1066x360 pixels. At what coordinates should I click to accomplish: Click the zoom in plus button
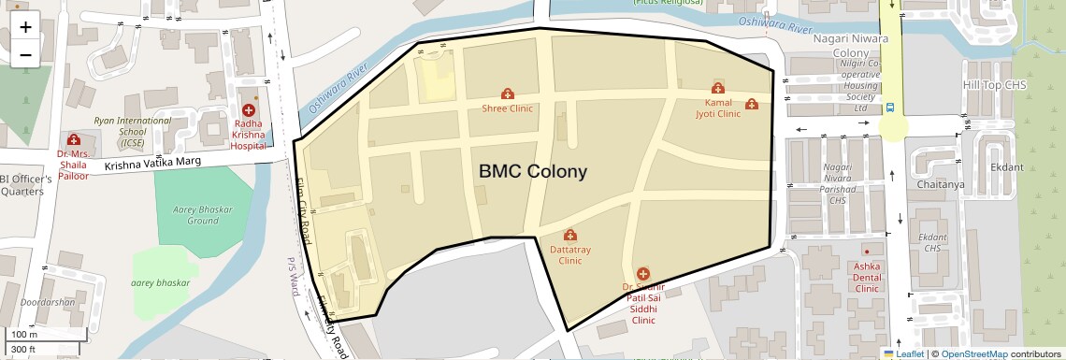(x=25, y=26)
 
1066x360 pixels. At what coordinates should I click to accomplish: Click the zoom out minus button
(x=25, y=54)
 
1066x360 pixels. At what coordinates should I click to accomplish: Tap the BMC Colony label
(x=533, y=172)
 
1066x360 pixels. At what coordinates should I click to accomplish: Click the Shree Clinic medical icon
(x=508, y=94)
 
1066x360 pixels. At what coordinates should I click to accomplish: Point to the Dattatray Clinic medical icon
(x=570, y=235)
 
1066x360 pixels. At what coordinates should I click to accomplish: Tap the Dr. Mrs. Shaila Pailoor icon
(x=73, y=140)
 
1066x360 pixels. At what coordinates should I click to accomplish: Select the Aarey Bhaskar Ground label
(x=202, y=214)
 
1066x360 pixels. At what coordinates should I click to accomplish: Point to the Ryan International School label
(x=132, y=132)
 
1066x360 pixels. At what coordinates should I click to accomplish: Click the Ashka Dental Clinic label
(x=867, y=278)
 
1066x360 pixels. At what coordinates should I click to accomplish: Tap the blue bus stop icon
(x=890, y=108)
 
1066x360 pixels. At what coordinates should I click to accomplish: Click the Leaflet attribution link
(x=910, y=354)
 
